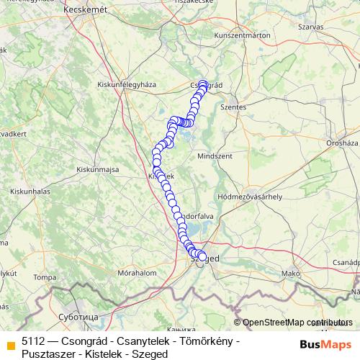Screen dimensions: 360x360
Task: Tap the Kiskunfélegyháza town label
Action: tap(126, 84)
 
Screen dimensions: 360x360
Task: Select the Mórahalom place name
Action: tap(139, 274)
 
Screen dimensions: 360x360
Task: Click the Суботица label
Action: tap(75, 316)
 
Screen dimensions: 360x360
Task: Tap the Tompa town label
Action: tap(44, 276)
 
